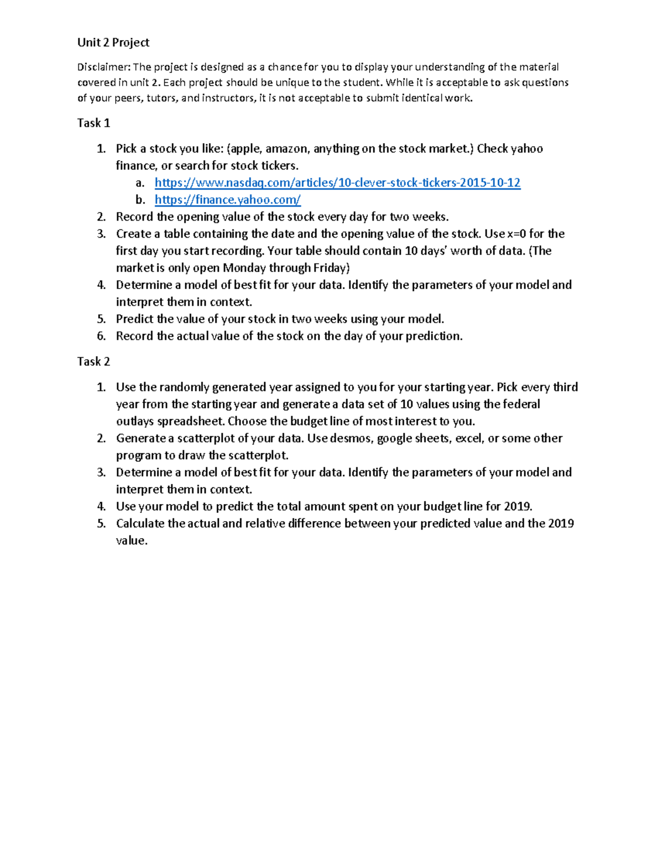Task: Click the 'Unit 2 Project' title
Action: [x=113, y=43]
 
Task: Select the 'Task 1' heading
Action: [x=94, y=123]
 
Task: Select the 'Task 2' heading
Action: [x=94, y=362]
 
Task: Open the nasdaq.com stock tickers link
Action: [x=337, y=183]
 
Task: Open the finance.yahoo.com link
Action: [x=228, y=200]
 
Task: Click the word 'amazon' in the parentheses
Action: [x=287, y=149]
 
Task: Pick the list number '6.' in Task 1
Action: [x=101, y=336]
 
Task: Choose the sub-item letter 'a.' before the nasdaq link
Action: [x=140, y=183]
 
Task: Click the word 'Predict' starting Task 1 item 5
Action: [x=134, y=319]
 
